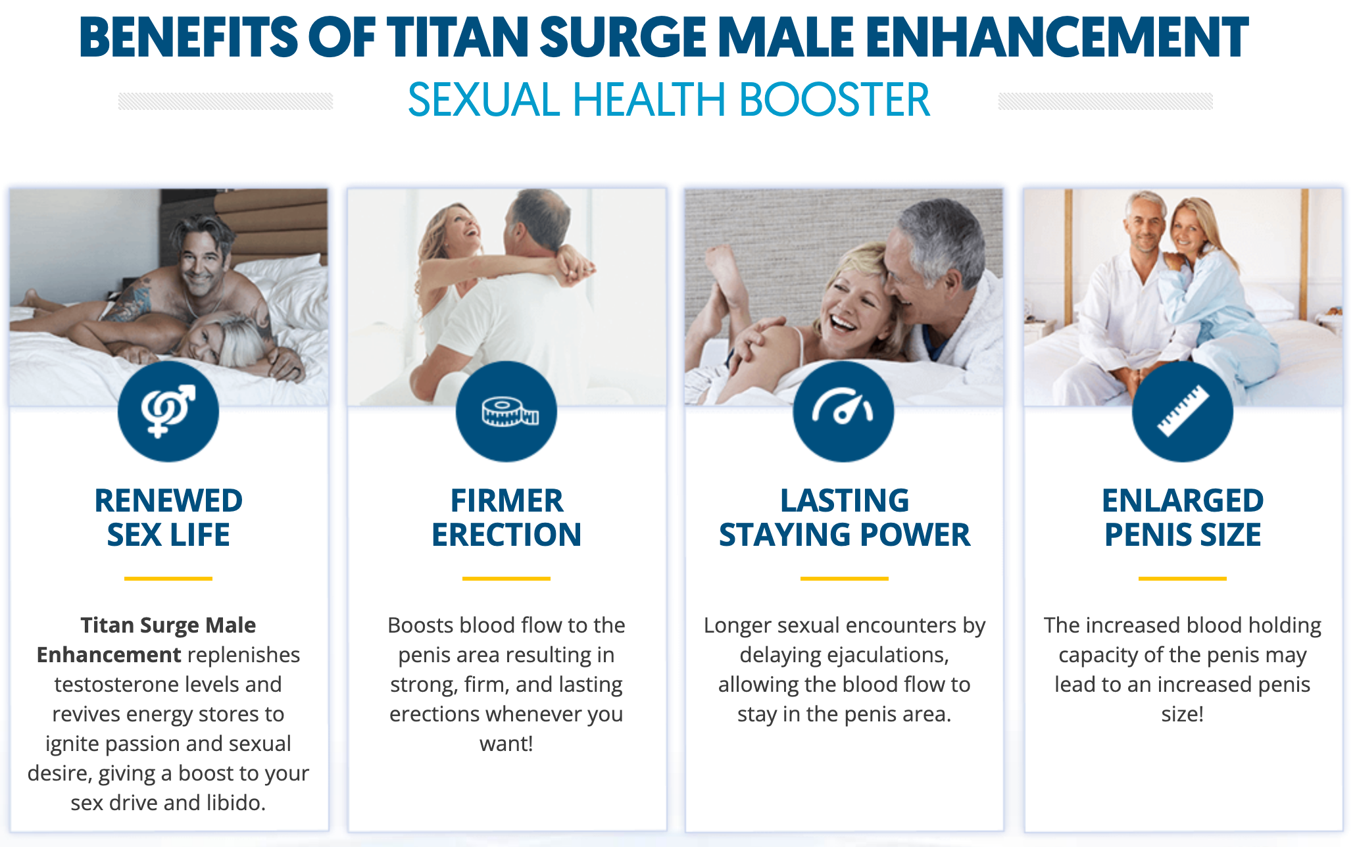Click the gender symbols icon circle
pos(168,411)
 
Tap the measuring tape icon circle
pos(506,411)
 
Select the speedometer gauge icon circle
pos(844,411)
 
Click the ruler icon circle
pos(1182,411)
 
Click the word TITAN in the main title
pos(458,37)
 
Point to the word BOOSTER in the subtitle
pos(835,100)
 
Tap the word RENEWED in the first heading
pos(168,500)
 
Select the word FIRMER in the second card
pos(506,500)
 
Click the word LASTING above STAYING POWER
pos(845,500)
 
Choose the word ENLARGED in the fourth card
pos(1183,500)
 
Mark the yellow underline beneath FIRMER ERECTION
pos(506,579)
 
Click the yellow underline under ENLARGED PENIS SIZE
pos(1183,579)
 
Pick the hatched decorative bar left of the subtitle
pos(226,101)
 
